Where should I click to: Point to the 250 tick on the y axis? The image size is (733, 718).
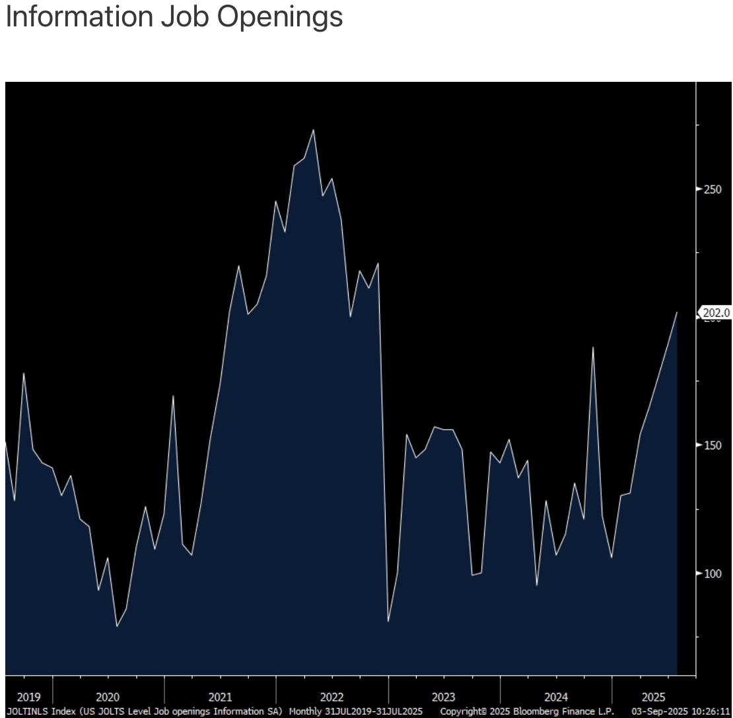(713, 189)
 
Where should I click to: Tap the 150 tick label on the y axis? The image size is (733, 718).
(713, 445)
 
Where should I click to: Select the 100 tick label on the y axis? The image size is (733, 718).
(713, 573)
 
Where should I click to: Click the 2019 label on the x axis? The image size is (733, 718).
(28, 697)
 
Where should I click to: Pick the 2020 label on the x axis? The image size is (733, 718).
(108, 697)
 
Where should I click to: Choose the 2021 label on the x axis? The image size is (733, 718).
(220, 697)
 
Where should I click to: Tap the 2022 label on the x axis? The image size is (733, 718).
(332, 697)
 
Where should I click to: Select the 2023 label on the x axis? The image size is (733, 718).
(443, 697)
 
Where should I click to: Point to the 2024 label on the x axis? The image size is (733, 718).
(556, 697)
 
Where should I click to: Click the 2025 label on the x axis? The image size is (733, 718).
(654, 697)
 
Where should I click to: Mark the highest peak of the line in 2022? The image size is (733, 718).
(313, 129)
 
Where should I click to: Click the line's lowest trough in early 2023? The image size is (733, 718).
(388, 621)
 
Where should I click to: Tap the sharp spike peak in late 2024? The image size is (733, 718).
(593, 347)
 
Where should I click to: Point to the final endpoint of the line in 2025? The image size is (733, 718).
(677, 312)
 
